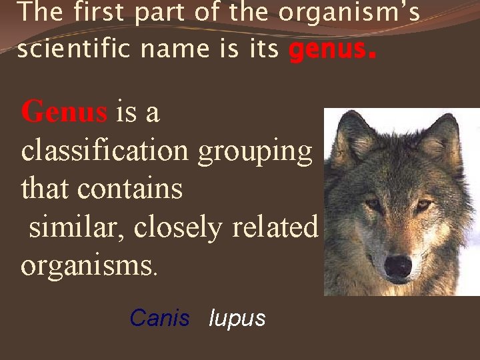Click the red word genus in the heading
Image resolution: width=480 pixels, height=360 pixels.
pyautogui.click(x=326, y=49)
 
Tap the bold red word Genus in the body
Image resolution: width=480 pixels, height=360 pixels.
pyautogui.click(x=64, y=111)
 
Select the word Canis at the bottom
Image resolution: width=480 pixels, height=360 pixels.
pyautogui.click(x=159, y=318)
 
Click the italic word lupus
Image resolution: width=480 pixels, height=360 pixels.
pyautogui.click(x=237, y=318)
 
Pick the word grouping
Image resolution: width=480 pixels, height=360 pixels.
pyautogui.click(x=255, y=151)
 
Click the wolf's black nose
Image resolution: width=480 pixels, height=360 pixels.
pyautogui.click(x=398, y=266)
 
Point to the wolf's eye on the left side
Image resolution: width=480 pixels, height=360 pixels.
pyautogui.click(x=372, y=204)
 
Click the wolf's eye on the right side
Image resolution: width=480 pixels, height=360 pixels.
pyautogui.click(x=424, y=204)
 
